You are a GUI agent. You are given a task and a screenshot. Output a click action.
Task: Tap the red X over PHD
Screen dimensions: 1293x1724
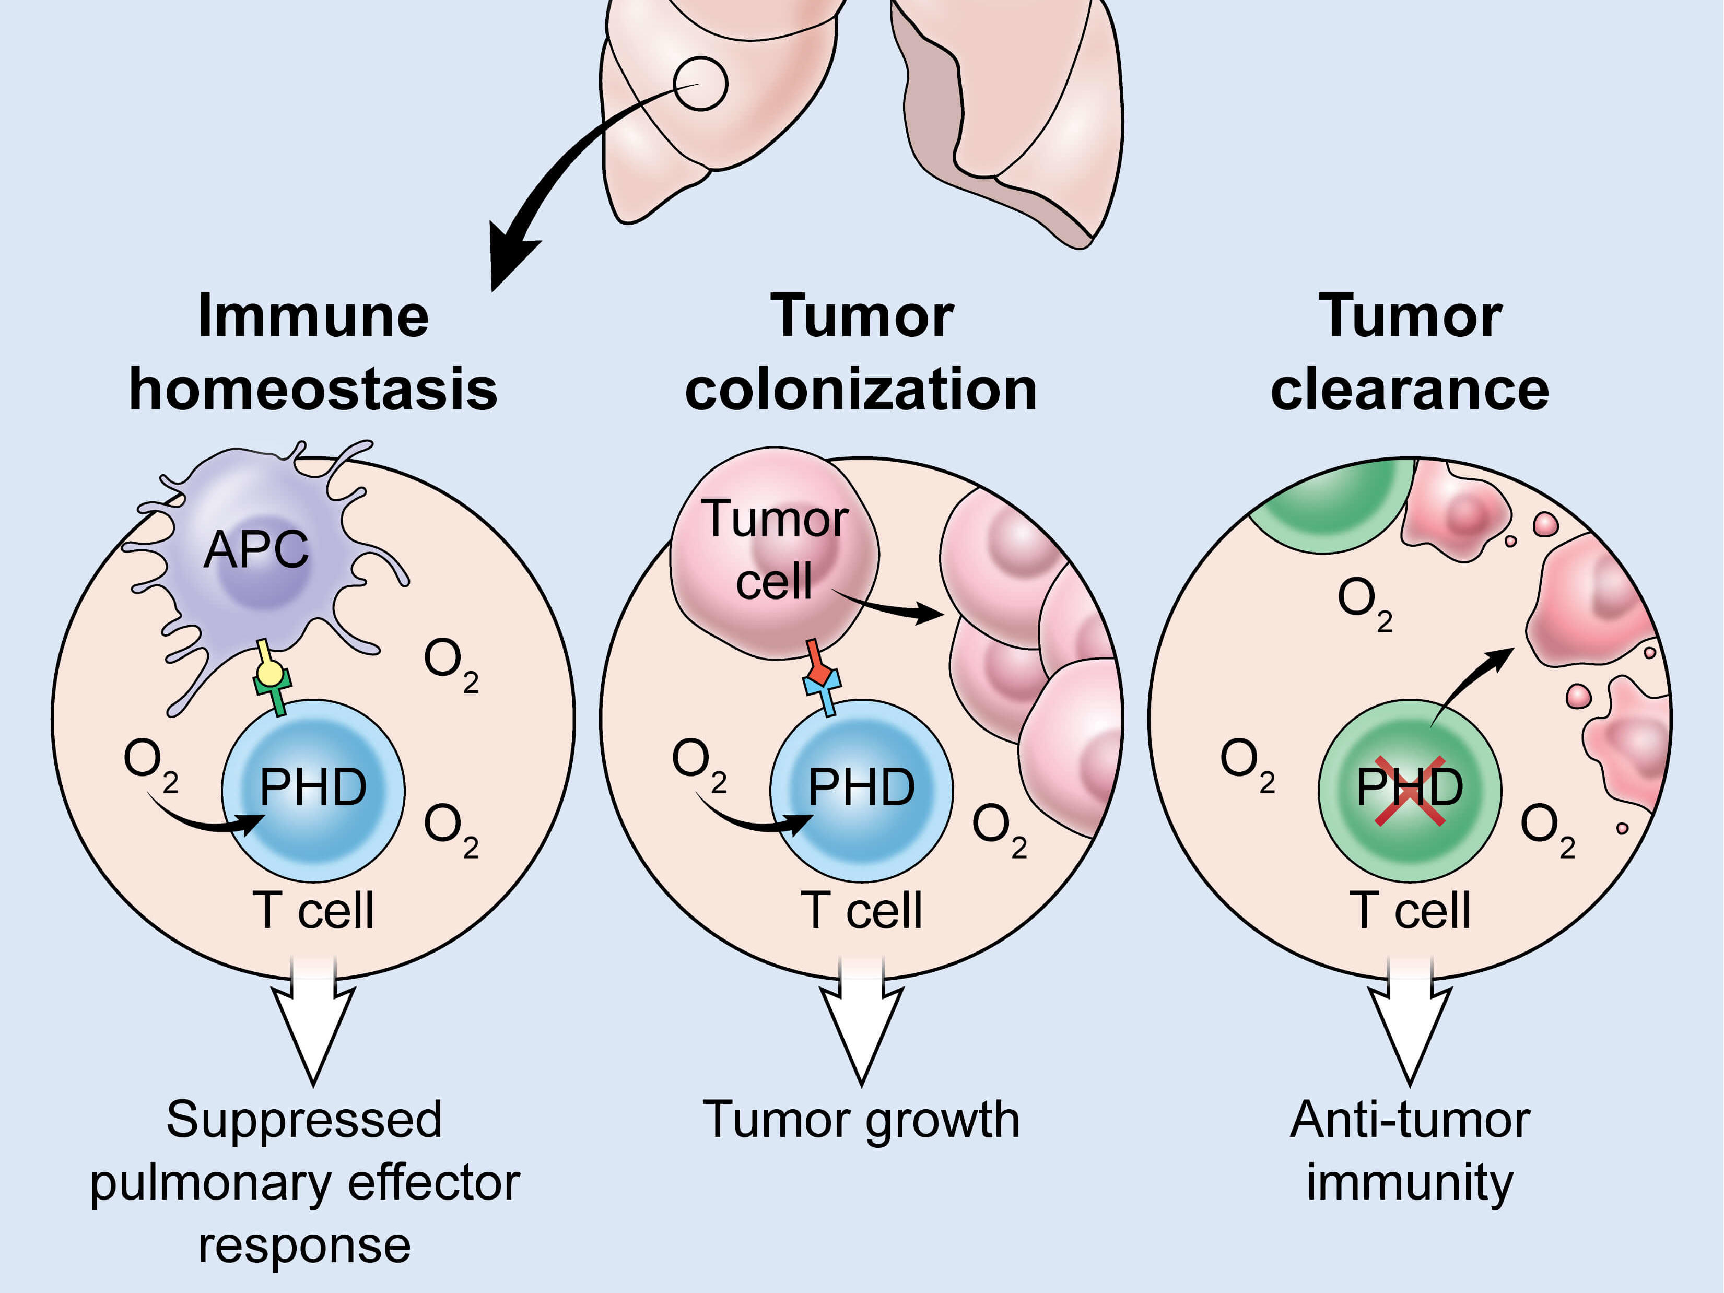tap(1409, 790)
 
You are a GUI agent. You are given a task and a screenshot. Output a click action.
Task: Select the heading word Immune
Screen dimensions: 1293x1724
tap(313, 316)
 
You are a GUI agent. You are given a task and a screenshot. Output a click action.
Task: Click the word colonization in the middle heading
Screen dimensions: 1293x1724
tap(861, 390)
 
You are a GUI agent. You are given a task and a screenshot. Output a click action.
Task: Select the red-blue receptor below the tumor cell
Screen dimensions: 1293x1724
tap(820, 678)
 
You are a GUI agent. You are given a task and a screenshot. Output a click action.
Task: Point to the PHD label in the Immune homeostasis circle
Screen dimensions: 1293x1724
tap(313, 787)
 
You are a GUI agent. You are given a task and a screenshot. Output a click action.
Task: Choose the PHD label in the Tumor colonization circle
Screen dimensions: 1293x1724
tap(861, 787)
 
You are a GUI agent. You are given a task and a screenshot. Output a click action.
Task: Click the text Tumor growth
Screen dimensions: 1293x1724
tap(861, 1120)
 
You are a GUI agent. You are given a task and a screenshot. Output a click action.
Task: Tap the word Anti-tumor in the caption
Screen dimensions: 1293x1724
tap(1410, 1120)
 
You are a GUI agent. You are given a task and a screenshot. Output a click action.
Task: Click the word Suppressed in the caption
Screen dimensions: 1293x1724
tap(304, 1120)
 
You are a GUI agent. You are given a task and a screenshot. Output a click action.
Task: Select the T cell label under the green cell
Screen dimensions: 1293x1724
tap(1410, 910)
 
